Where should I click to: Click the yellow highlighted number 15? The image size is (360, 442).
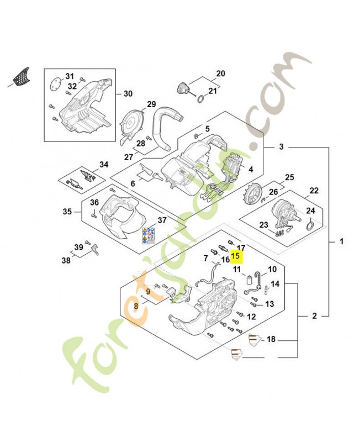[x=236, y=256]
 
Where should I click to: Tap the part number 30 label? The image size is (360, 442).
[x=128, y=94]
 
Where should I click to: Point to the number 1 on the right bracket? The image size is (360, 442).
[x=341, y=241]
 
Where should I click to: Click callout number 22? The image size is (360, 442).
[x=314, y=191]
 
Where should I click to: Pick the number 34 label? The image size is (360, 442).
[x=104, y=165]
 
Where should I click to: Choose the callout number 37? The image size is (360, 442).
[x=161, y=220]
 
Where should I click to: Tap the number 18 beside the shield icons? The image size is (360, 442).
[x=271, y=339]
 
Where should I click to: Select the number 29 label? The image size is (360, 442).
[x=151, y=104]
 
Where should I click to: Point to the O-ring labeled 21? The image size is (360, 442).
[x=202, y=100]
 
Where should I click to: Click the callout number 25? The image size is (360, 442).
[x=289, y=177]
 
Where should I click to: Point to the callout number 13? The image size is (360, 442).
[x=269, y=304]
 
